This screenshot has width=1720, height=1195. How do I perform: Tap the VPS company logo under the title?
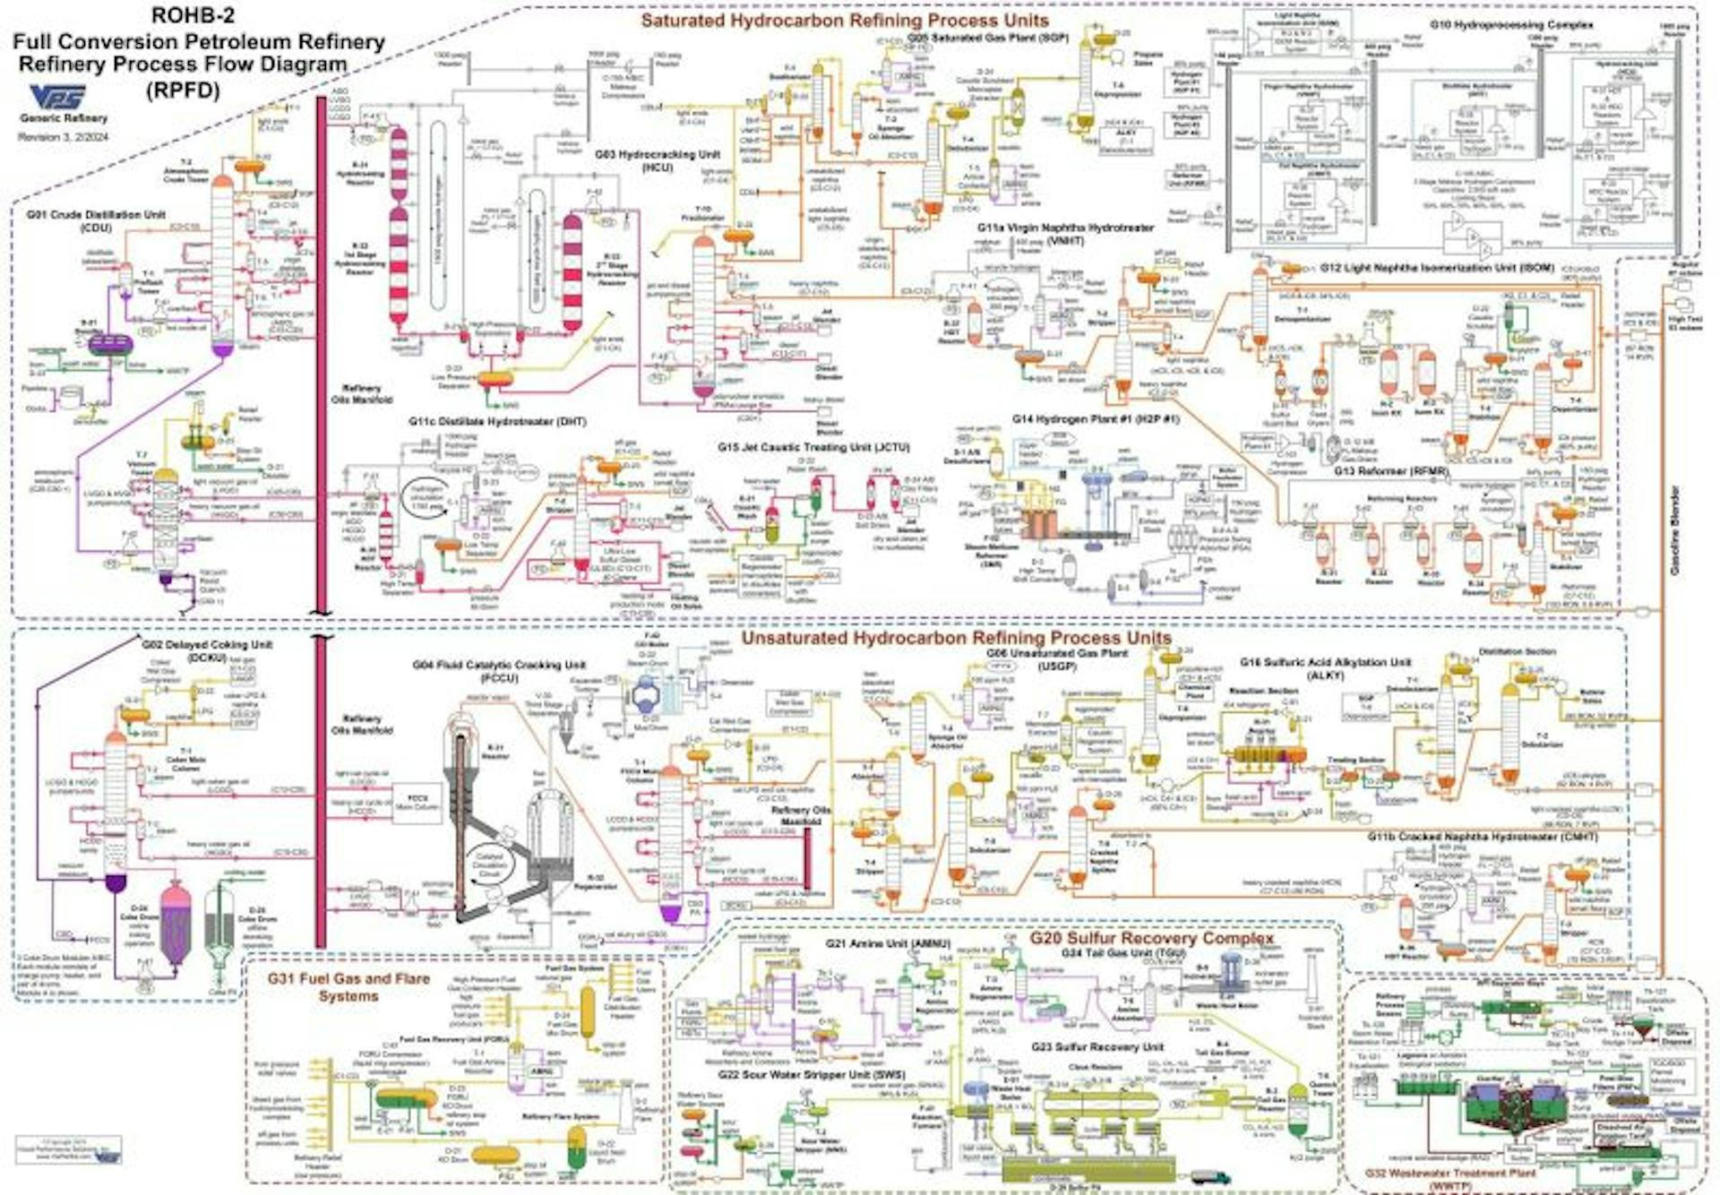point(58,98)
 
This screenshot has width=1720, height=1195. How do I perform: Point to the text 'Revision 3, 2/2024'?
point(64,137)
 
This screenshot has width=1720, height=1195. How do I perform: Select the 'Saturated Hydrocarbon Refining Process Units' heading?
point(844,21)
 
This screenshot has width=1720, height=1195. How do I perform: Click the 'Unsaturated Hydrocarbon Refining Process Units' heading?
point(956,638)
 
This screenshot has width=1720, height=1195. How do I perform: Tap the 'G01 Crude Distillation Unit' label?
point(96,215)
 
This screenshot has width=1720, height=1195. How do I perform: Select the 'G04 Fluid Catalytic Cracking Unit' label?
point(499,665)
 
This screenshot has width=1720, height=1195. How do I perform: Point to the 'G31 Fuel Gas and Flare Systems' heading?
point(348,987)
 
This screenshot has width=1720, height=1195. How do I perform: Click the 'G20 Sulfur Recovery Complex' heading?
point(1151,938)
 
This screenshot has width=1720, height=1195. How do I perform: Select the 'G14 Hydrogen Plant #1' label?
point(1096,419)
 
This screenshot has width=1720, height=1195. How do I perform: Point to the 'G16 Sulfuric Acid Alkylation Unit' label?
point(1325,663)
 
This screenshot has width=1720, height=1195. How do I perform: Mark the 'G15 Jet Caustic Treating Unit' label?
point(813,447)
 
